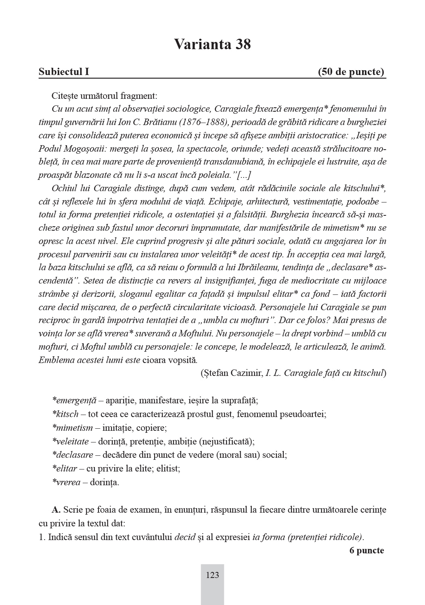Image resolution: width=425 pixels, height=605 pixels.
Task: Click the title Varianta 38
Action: [x=212, y=44]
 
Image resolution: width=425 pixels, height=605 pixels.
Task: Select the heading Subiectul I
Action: [x=64, y=72]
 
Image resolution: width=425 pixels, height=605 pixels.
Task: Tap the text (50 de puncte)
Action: [x=351, y=72]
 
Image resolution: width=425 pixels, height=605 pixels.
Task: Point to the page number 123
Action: [x=212, y=575]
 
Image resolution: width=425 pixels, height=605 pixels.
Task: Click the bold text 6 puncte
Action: [x=366, y=551]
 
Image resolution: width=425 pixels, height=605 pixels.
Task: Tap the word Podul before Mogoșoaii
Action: [x=49, y=149]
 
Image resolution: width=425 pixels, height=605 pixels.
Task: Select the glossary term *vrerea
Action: [x=66, y=482]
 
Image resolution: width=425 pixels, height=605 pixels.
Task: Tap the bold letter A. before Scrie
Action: [x=56, y=510]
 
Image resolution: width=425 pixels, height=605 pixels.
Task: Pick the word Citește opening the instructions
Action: [x=65, y=96]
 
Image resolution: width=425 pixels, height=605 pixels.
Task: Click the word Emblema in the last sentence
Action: [x=54, y=360]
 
